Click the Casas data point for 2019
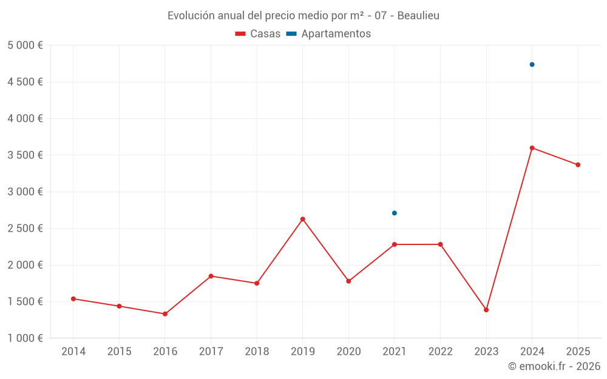302,219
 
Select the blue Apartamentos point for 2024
532,64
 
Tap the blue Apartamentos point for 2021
394,213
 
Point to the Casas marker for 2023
486,310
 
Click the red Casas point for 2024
532,148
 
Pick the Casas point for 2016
165,314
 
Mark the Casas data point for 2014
73,299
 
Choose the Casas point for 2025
578,165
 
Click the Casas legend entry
258,34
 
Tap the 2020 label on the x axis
348,352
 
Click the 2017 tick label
211,352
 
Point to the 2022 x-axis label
440,352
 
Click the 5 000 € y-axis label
25,45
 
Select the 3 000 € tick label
25,192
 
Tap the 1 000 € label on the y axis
25,338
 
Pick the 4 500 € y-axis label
25,82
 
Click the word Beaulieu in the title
418,16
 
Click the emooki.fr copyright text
554,366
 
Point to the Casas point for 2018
257,283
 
